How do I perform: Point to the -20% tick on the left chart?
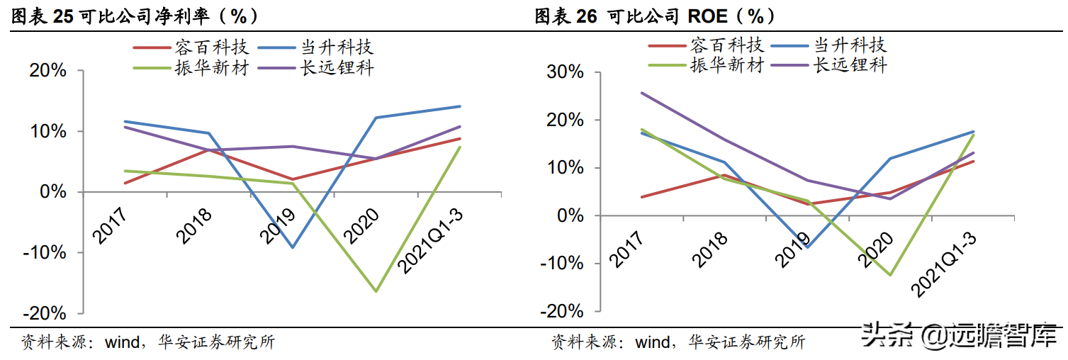point(47,313)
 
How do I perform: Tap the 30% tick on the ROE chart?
point(565,73)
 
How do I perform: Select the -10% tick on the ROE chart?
point(561,263)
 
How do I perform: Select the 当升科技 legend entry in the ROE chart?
point(848,45)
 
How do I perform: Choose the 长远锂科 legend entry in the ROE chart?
point(850,65)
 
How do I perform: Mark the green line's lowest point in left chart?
point(376,291)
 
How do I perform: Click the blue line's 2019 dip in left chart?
point(292,247)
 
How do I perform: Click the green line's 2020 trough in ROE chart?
point(891,275)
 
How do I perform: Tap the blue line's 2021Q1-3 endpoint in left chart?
point(460,106)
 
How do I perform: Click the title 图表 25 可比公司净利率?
point(135,16)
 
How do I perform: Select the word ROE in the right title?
point(712,16)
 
